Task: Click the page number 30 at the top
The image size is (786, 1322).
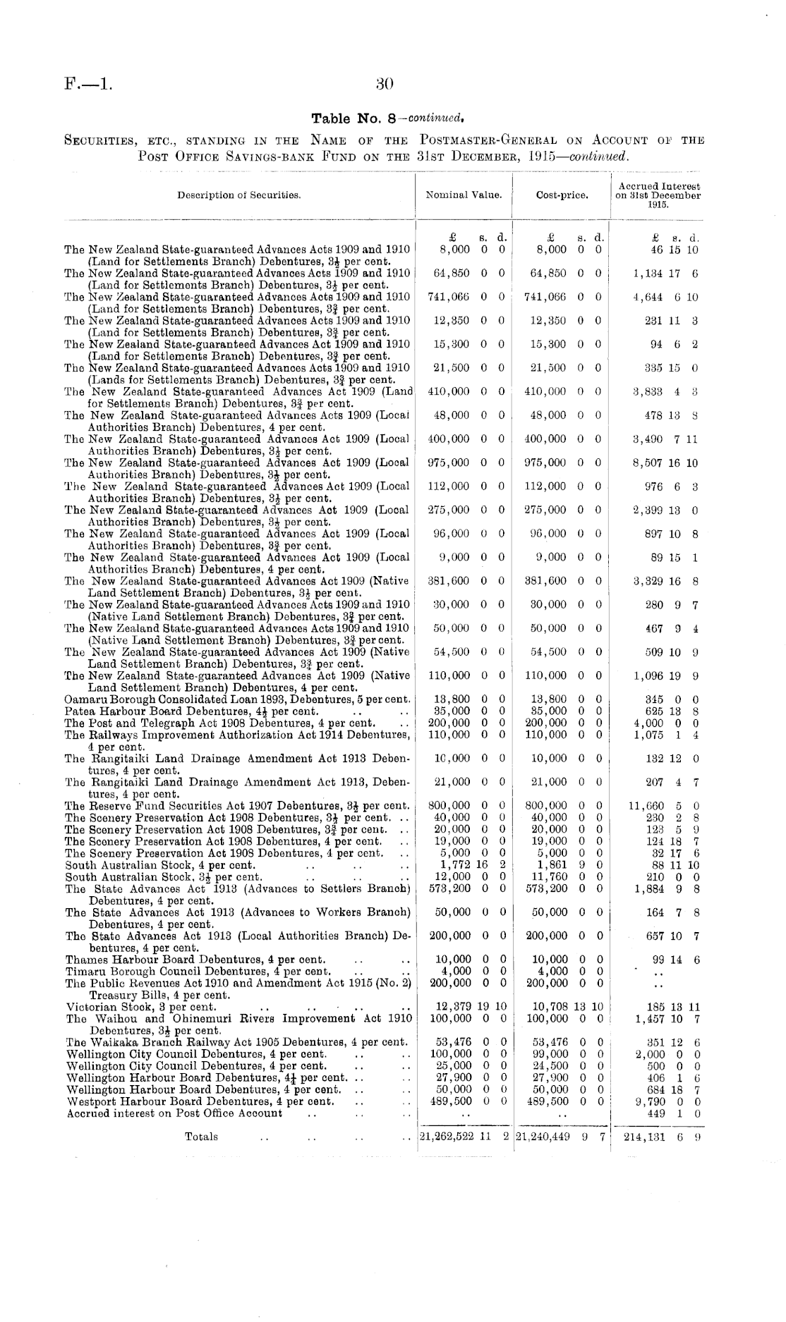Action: pyautogui.click(x=385, y=85)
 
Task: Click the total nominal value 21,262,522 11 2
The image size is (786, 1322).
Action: pyautogui.click(x=464, y=1137)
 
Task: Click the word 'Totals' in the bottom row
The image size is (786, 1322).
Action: pyautogui.click(x=201, y=1137)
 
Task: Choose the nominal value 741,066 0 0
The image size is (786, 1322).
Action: pyautogui.click(x=466, y=298)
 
